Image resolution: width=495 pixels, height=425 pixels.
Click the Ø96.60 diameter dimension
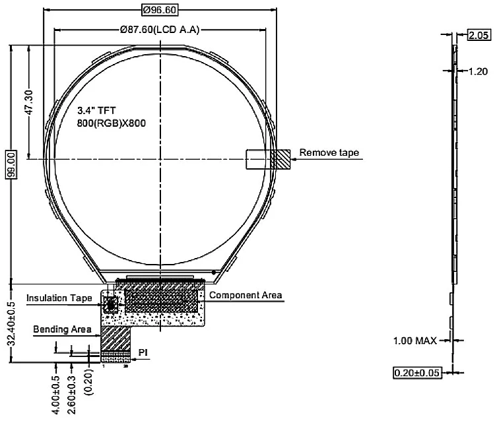159,10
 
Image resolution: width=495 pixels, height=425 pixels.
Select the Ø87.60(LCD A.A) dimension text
160,30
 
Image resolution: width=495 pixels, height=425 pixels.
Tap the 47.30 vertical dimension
28,103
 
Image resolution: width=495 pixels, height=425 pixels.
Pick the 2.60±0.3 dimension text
72,395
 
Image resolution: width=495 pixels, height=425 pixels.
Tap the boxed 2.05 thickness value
478,35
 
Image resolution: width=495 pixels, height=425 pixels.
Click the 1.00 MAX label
415,341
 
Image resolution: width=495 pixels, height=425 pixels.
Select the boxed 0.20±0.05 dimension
416,373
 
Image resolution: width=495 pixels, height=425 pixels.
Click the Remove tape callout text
329,153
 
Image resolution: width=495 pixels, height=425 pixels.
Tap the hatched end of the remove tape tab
282,159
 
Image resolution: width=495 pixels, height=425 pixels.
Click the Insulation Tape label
59,298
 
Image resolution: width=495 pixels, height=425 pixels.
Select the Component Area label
246,295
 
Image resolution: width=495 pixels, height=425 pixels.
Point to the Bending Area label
62,329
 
